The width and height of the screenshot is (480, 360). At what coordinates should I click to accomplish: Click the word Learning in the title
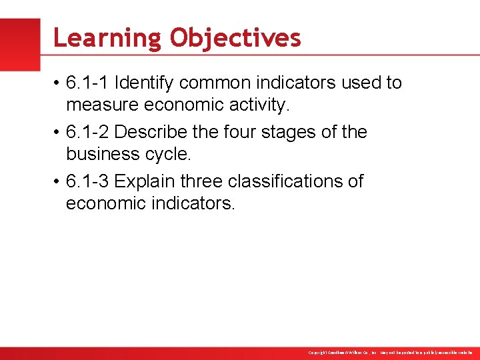pos(107,38)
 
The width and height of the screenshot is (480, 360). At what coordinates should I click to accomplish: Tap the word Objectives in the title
pos(235,38)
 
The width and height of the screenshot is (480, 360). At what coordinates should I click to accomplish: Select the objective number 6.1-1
pos(88,83)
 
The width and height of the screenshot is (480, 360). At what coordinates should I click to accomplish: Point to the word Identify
pos(143,83)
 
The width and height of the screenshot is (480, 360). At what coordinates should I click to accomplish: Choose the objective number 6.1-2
pos(88,132)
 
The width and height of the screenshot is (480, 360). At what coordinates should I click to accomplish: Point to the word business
pos(100,154)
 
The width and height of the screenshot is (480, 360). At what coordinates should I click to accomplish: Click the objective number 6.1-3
pos(88,181)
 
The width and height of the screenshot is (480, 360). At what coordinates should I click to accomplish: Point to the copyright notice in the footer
pos(390,353)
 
